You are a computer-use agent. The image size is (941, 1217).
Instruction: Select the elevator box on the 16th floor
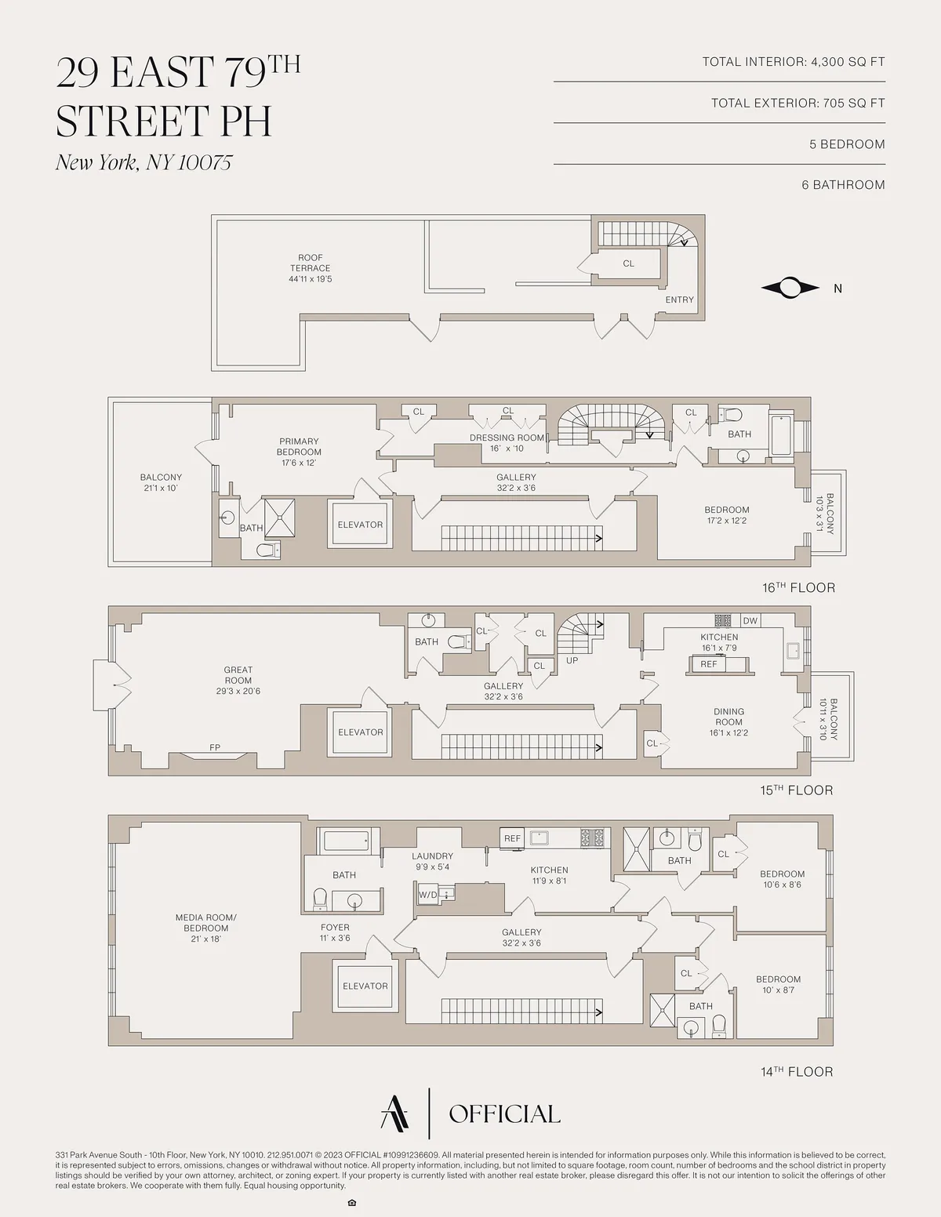360,525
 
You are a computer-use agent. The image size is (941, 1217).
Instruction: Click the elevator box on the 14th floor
365,986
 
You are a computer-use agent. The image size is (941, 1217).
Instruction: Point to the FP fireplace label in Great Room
215,748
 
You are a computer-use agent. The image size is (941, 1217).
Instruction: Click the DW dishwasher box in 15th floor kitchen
750,620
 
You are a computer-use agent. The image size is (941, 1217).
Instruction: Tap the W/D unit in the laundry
428,894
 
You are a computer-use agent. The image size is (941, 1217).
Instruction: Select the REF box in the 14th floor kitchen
512,838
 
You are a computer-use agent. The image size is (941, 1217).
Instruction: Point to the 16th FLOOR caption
798,587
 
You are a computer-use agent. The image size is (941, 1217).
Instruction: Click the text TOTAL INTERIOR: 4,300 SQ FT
793,62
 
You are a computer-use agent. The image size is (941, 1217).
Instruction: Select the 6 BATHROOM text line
843,185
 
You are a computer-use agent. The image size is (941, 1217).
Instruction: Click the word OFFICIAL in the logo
504,1114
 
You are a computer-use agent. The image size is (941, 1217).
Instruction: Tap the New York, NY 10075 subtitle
144,162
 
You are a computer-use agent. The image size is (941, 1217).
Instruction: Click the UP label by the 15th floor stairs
572,660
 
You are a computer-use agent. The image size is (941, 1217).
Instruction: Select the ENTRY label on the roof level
679,300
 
